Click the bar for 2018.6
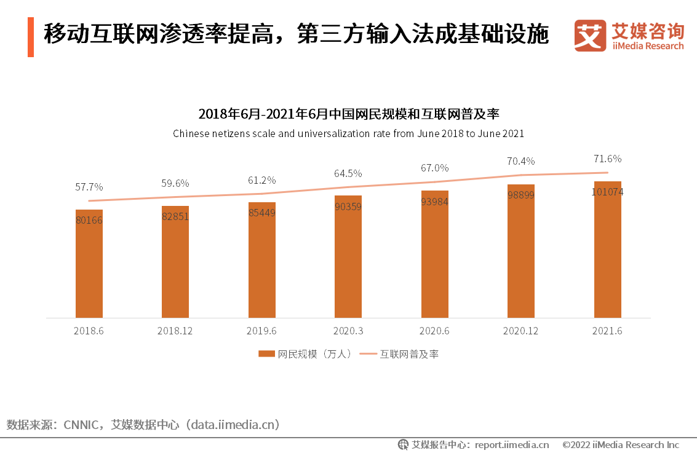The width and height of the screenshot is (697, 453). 89,264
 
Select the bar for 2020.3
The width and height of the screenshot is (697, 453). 348,258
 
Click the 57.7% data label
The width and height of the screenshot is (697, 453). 89,187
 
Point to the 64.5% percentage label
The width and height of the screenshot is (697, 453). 348,173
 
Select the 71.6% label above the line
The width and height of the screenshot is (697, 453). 607,159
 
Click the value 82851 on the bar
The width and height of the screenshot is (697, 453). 175,216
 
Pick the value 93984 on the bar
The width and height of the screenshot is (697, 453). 434,202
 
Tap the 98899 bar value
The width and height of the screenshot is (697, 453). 521,195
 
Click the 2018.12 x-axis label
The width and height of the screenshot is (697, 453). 175,331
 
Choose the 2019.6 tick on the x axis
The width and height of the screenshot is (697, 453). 261,331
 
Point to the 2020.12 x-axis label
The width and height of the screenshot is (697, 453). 520,331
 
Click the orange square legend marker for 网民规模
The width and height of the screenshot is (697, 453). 266,354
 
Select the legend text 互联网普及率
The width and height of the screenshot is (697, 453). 409,354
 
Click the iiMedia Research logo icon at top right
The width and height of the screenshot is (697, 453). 589,36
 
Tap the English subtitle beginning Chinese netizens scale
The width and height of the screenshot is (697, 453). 348,133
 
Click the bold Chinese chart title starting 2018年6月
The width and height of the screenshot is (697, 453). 348,114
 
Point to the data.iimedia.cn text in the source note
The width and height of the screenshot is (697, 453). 234,425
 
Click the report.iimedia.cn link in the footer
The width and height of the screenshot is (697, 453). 512,444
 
